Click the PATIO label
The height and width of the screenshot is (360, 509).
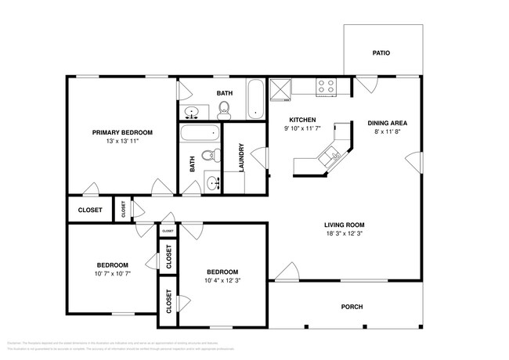coord(381,53)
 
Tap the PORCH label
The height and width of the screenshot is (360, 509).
coord(352,307)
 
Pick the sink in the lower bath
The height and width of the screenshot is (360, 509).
coord(213,184)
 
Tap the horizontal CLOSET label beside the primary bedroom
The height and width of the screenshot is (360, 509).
coord(90,210)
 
